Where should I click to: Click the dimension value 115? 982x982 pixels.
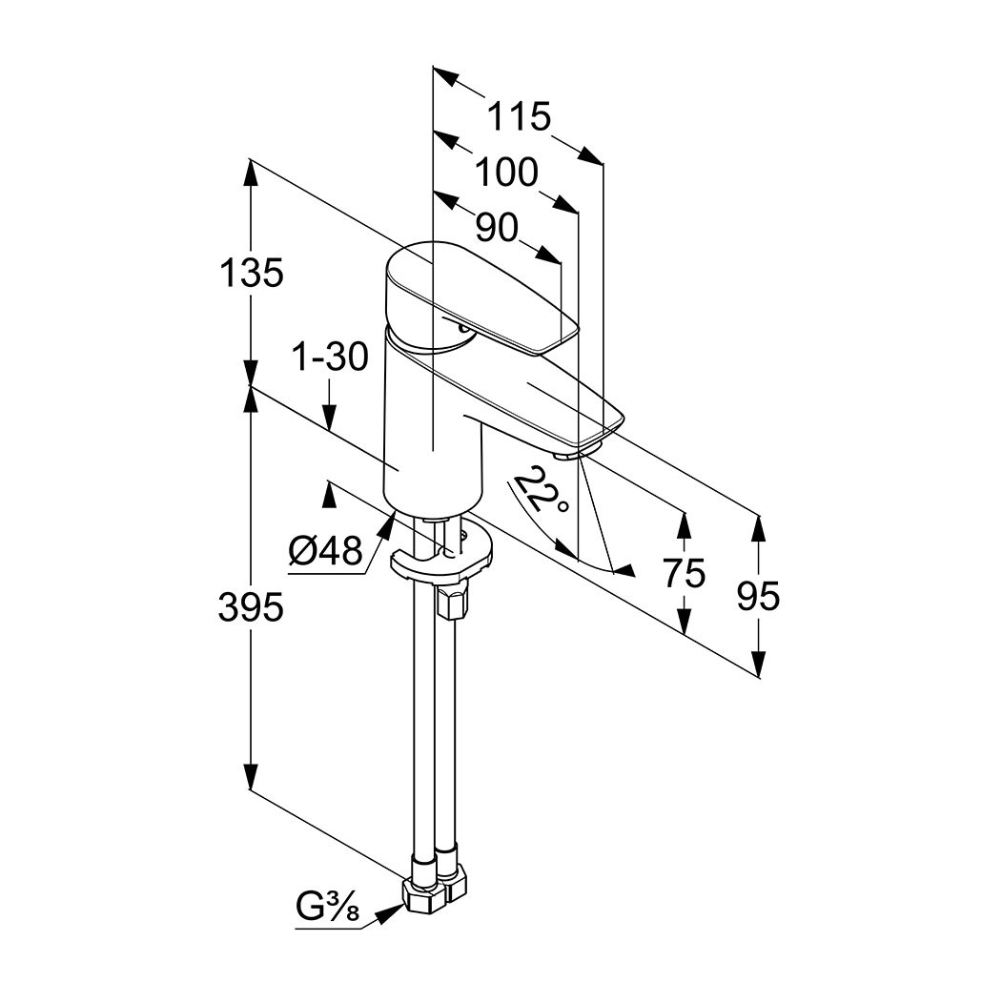point(520,117)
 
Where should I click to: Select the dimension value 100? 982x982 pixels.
point(506,173)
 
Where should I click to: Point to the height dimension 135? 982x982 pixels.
point(252,274)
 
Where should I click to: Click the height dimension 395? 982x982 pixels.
point(252,606)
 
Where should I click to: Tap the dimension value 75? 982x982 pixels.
point(685,573)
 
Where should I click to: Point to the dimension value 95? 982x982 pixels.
point(759,596)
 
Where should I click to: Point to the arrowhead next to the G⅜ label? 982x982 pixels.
point(389,913)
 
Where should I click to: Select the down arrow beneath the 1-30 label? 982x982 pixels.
point(330,418)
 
